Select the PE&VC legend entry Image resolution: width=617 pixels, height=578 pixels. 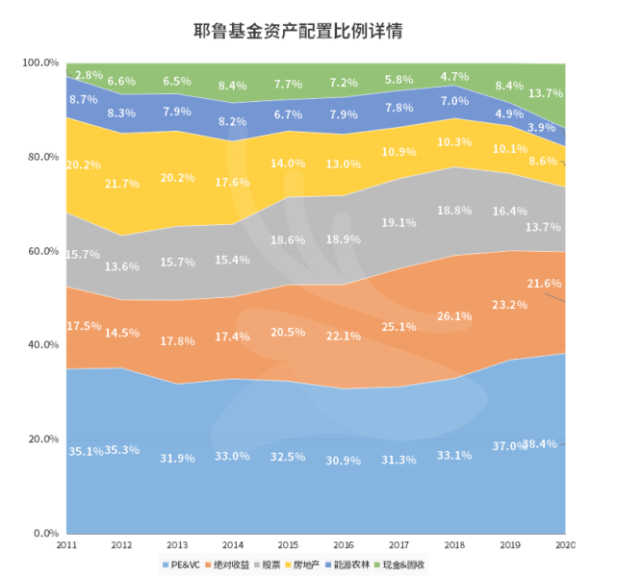point(180,564)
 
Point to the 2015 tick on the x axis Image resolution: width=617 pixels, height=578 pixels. point(288,544)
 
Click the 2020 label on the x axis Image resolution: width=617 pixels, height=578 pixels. point(565,544)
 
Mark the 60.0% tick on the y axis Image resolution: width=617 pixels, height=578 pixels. point(41,251)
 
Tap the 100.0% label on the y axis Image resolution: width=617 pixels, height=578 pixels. point(39,63)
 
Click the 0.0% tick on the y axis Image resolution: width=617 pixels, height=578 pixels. point(45,533)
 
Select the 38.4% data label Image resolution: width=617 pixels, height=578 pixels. point(541,444)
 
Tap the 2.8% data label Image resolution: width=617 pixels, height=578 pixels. point(89,75)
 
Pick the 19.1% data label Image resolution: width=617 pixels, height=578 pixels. point(398,222)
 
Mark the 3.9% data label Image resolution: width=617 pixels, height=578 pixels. point(541,128)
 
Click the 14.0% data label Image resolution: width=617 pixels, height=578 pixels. point(287,163)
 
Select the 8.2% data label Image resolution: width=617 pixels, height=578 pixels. point(232,122)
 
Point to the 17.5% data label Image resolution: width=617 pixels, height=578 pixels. point(84,326)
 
